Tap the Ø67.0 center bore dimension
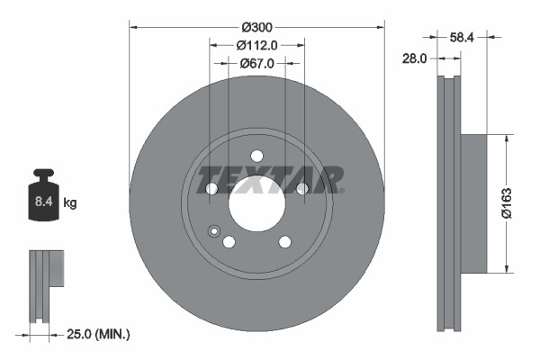256,63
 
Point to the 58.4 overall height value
463,39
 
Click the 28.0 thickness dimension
414,58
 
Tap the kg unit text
70,204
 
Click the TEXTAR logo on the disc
270,179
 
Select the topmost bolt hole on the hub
256,154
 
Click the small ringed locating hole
214,231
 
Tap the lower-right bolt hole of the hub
285,241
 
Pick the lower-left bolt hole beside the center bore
229,241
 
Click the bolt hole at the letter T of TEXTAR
211,188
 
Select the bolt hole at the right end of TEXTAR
302,188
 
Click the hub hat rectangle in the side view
474,202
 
